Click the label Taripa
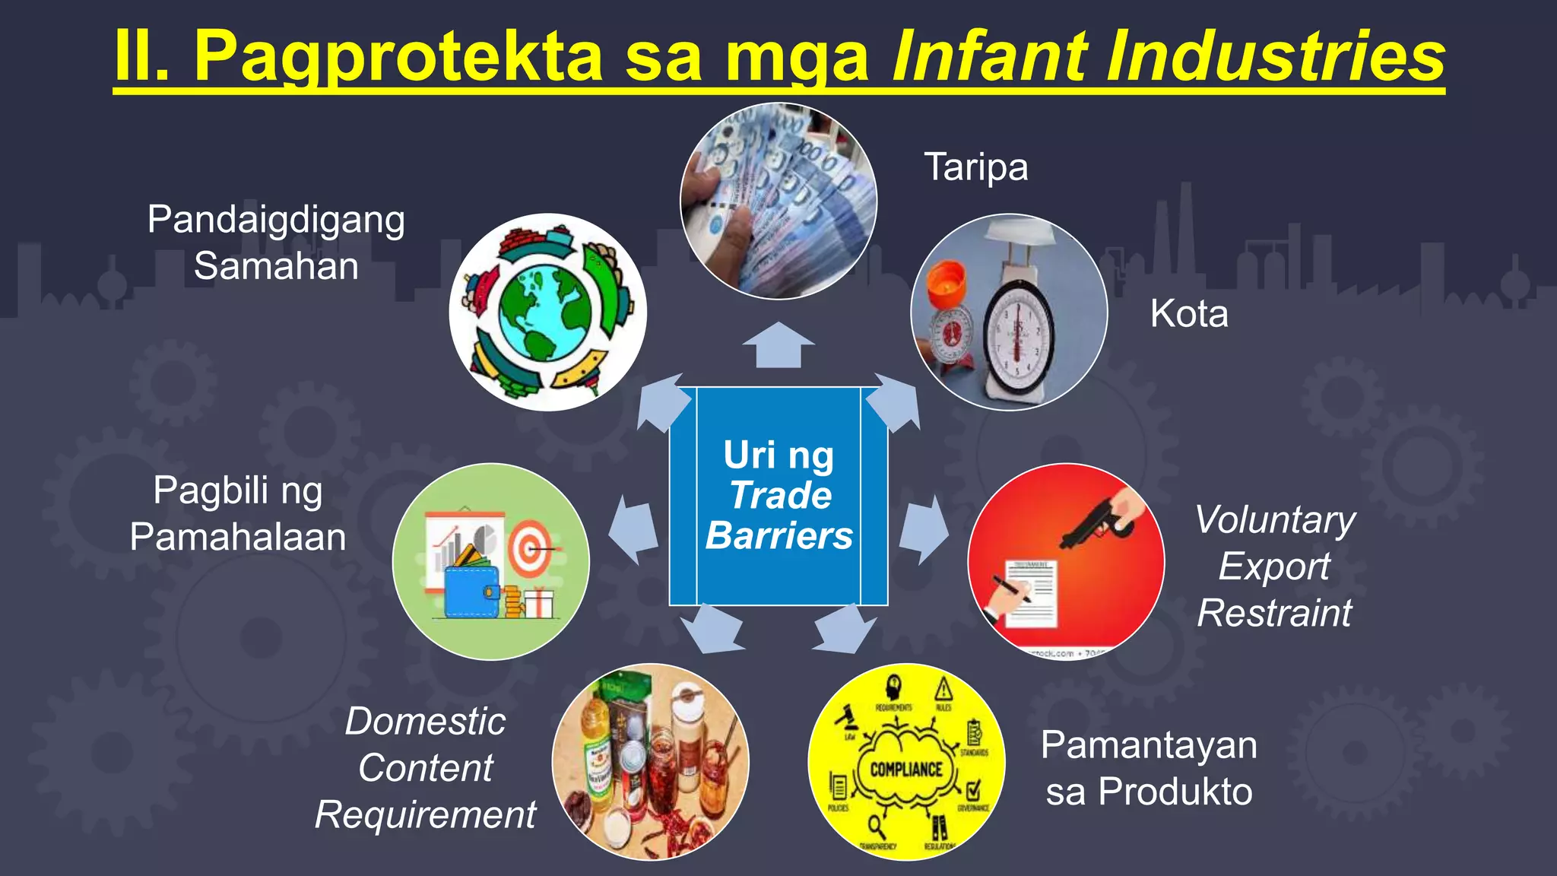coord(975,167)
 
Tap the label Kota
coord(1188,313)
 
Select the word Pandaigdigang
coord(276,221)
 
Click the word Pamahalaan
coord(238,537)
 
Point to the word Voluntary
coord(1275,520)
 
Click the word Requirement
coord(425,815)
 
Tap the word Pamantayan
coord(1149,745)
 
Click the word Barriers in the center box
coord(778,535)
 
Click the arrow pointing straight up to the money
coord(778,345)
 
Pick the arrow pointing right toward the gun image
coord(924,530)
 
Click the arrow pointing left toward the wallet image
coord(634,530)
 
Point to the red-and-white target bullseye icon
coord(530,548)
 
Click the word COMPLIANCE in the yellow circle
coord(906,770)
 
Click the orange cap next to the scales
coord(946,281)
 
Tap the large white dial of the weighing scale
coord(1017,335)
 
